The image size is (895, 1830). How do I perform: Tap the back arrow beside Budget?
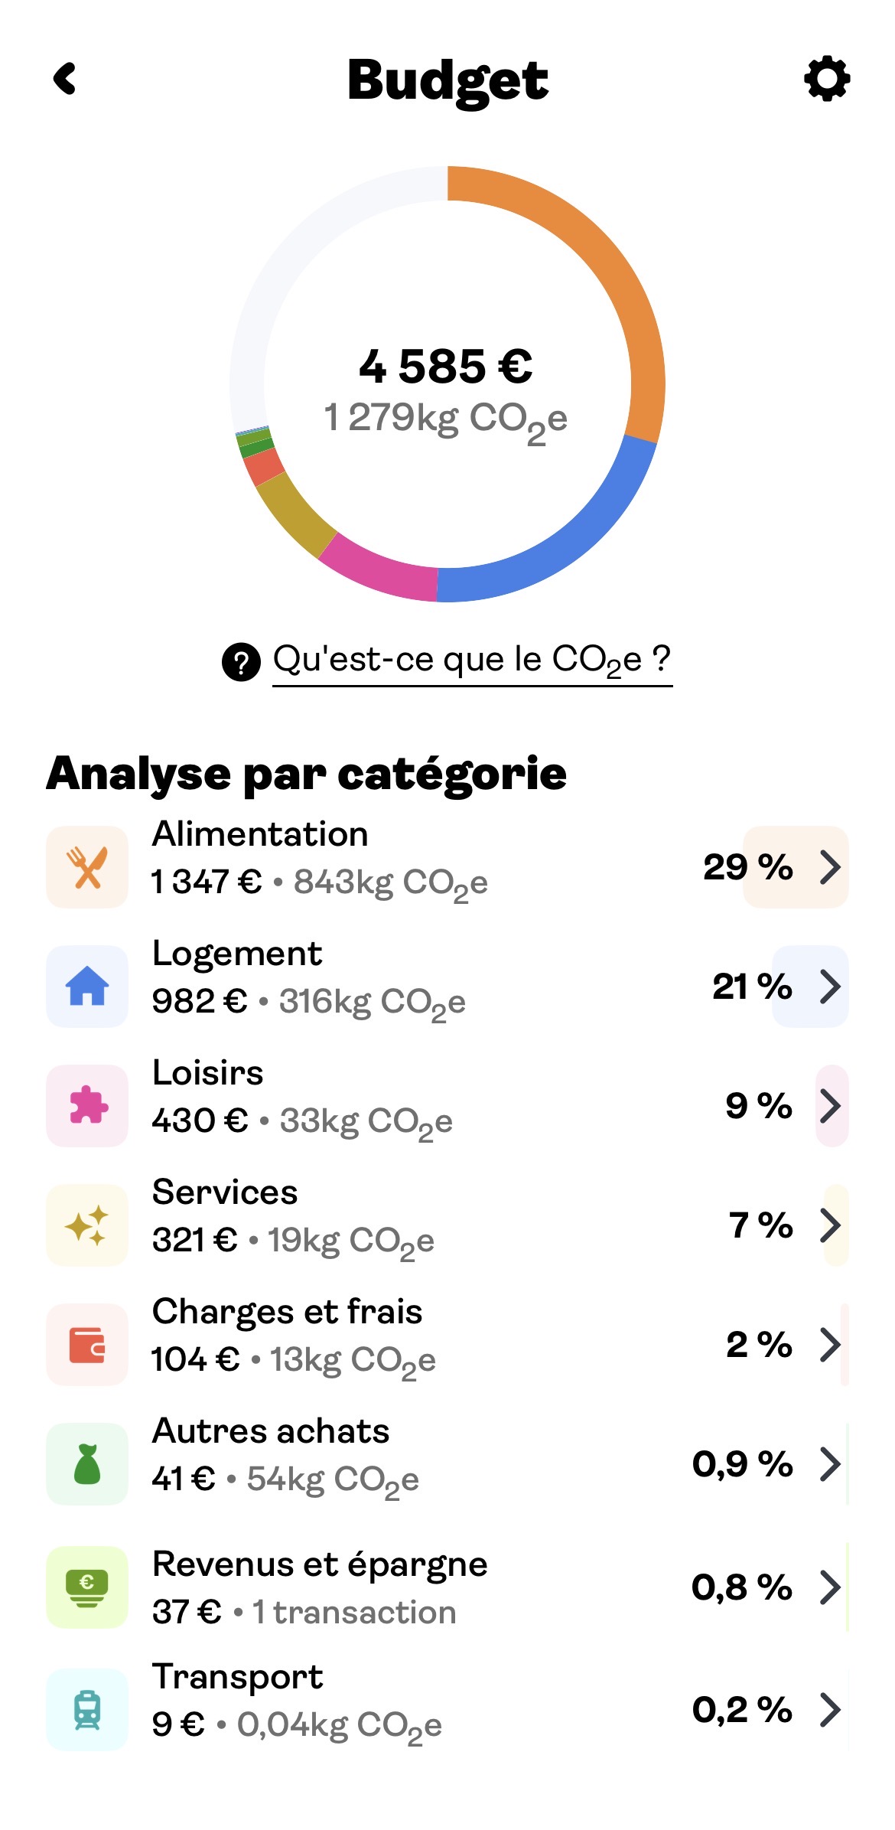coord(66,79)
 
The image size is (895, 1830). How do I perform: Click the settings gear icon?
coord(827,79)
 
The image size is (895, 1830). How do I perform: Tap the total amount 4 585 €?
coord(446,366)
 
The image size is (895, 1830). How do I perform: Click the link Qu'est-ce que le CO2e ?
coord(472,660)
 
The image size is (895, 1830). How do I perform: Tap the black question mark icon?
coord(241,662)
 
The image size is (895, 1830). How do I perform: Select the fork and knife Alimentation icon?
coord(87,867)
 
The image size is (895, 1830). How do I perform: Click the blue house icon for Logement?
coord(87,986)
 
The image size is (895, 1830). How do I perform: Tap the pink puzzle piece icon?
coord(87,1105)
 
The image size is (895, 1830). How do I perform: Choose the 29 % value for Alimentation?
coord(747,867)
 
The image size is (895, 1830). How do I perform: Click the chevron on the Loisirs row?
coord(830,1106)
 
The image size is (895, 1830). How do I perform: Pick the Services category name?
coord(225,1192)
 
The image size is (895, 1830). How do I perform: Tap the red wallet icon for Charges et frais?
coord(87,1345)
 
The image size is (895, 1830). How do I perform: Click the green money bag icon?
coord(87,1464)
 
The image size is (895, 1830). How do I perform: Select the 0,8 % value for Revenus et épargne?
coord(741,1587)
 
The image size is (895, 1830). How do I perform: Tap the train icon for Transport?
coord(87,1710)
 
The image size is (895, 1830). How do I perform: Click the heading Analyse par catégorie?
coord(306,773)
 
